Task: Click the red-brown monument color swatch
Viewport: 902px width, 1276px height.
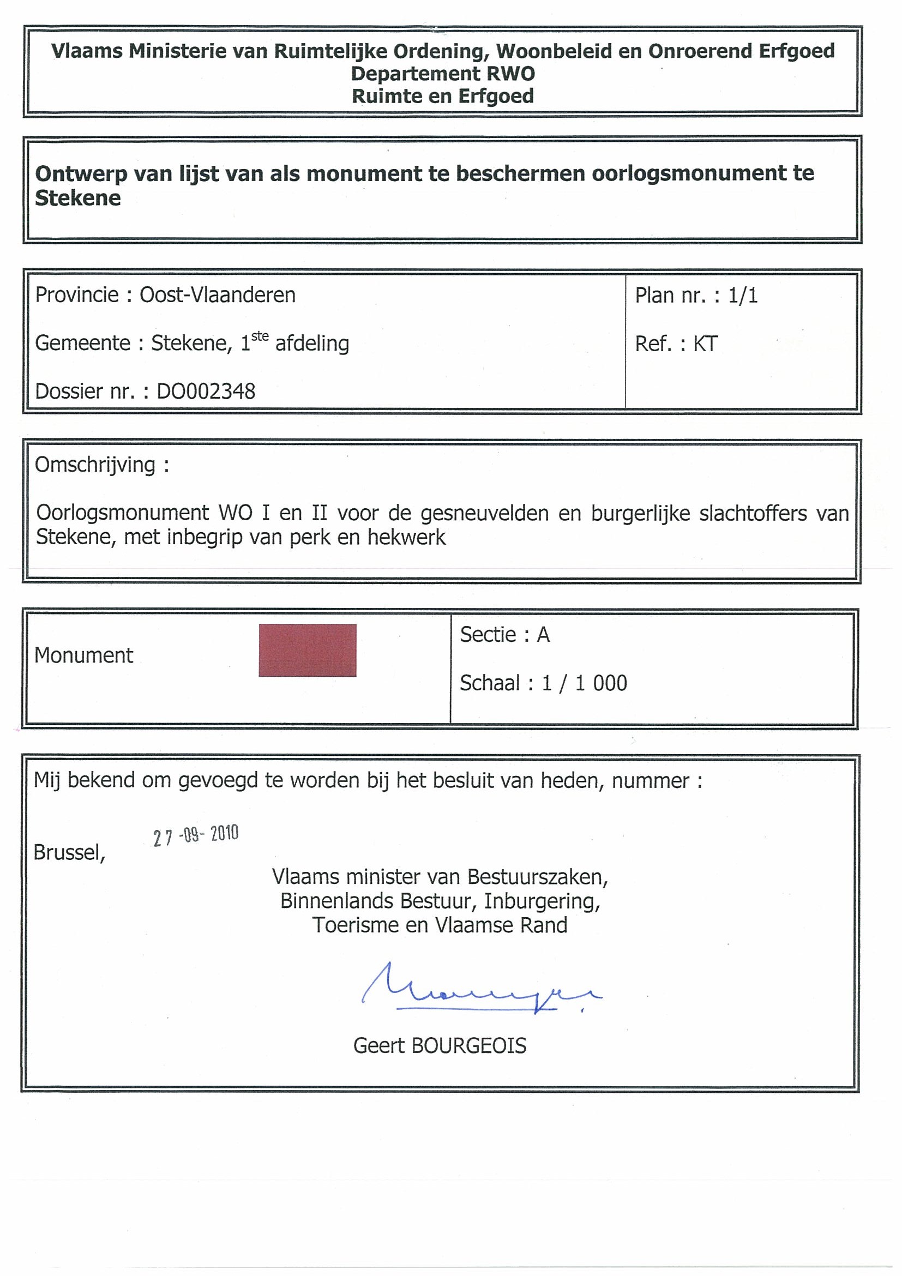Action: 308,650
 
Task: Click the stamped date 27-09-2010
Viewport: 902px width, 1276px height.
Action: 196,835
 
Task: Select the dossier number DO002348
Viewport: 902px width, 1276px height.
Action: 206,392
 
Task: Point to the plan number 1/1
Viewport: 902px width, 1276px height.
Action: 743,296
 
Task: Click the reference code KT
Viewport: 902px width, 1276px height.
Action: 706,344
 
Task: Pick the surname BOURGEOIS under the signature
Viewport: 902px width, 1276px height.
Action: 468,1046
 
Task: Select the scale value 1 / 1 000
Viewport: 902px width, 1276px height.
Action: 585,683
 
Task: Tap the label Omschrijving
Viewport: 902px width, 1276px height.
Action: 95,465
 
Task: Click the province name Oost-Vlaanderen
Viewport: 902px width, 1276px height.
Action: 217,295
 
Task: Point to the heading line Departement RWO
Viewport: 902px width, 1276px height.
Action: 443,74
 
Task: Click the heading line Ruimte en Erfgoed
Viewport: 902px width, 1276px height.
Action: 443,96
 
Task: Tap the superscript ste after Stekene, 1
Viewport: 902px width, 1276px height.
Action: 260,336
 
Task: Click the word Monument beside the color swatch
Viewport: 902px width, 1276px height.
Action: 84,656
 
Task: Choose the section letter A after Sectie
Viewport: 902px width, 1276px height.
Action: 543,635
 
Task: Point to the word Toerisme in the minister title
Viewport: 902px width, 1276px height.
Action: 353,925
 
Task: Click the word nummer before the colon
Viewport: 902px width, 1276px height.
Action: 650,781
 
